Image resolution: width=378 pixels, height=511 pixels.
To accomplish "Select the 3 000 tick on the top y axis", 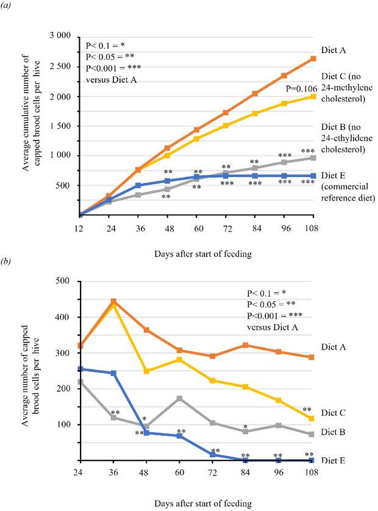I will coord(60,37).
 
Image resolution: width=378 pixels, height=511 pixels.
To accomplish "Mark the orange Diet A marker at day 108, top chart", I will coord(313,59).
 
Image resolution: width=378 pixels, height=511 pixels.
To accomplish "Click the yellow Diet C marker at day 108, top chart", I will coord(313,96).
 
